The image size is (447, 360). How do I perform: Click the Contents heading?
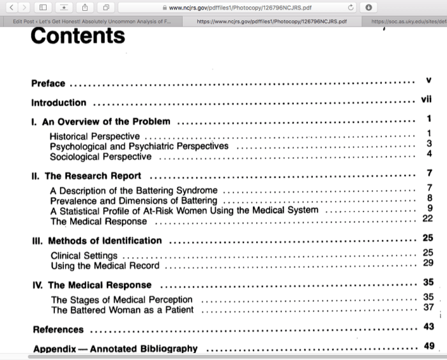[78, 36]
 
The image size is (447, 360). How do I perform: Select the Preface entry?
[49, 83]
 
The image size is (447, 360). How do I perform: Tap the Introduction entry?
[59, 102]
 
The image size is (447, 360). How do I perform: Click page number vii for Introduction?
[427, 100]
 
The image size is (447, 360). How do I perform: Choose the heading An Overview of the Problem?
[106, 121]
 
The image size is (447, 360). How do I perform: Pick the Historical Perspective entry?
[95, 136]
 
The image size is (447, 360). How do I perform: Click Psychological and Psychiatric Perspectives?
[139, 146]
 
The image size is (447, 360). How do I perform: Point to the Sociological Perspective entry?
[101, 156]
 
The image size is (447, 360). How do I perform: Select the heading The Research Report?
[93, 176]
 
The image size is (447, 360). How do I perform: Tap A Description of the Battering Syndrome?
[133, 190]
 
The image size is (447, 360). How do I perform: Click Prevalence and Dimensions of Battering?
[133, 201]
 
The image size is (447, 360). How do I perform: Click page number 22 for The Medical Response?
[428, 218]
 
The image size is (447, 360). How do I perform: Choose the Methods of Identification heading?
[105, 241]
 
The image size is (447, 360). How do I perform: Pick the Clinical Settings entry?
[84, 255]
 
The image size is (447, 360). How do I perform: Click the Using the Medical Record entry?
[105, 266]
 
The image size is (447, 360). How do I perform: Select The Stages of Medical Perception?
[121, 299]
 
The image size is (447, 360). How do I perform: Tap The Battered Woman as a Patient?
[122, 310]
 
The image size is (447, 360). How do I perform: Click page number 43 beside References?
[428, 326]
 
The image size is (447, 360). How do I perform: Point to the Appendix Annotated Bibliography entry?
[116, 349]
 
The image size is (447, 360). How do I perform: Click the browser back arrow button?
[10, 7]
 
